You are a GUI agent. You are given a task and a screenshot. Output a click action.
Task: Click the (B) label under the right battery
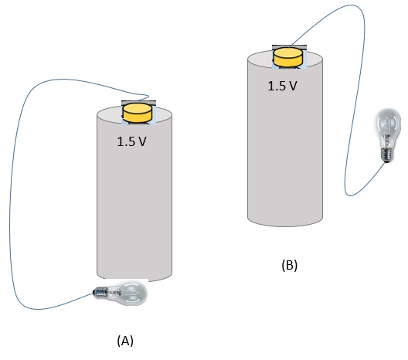289,265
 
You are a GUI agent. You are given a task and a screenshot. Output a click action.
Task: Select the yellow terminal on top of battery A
138,113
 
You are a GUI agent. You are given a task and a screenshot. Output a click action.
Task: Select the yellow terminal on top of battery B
288,56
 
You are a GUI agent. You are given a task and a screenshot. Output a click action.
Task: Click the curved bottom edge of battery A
134,279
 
